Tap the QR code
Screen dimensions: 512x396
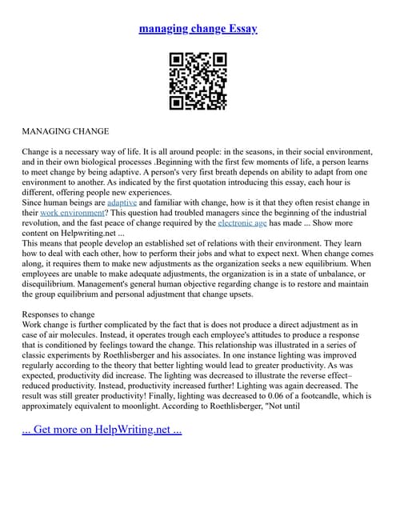point(198,81)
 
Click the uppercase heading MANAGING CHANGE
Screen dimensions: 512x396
point(66,130)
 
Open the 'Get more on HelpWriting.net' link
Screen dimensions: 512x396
point(102,429)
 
